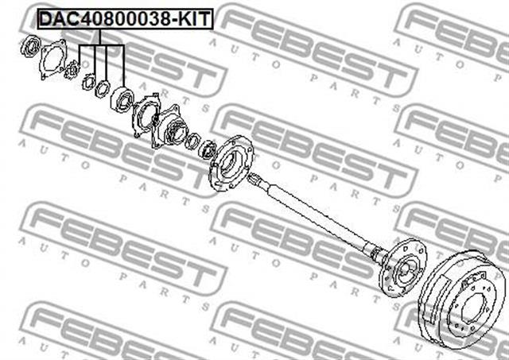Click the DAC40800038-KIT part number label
126,19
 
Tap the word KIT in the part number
195,19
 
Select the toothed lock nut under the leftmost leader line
72,71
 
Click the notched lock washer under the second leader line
88,83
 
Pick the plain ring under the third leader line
103,88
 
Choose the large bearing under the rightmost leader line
122,99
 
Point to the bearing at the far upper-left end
30,46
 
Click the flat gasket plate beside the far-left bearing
53,59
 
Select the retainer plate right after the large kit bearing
146,115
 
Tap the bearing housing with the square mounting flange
169,126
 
